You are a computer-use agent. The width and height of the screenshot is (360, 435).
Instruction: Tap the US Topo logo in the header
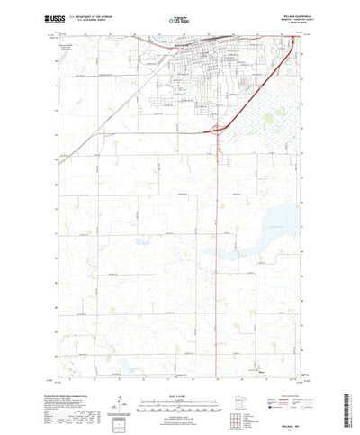coord(179,17)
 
